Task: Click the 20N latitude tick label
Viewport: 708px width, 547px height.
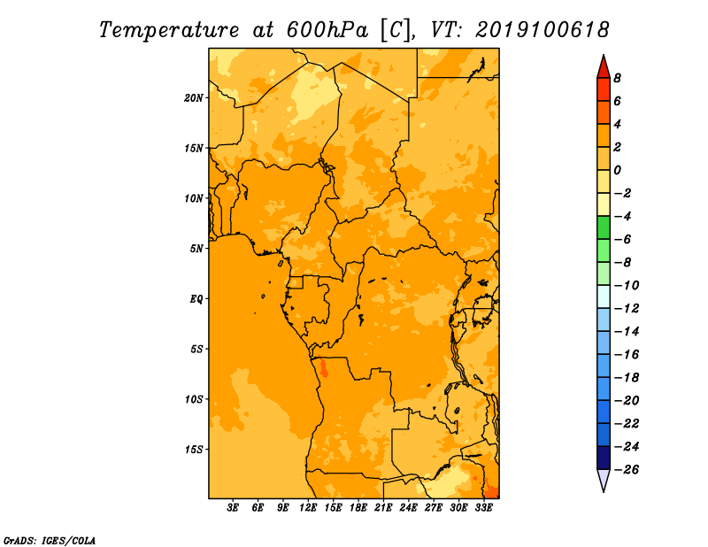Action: (x=193, y=98)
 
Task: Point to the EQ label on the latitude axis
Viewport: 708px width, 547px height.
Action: (x=196, y=299)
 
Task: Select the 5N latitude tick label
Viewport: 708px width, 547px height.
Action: (x=196, y=249)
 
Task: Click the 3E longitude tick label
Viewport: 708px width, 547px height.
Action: (x=233, y=507)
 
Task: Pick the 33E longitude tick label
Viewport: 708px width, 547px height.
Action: (x=483, y=507)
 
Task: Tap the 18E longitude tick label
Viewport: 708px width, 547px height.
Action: (x=358, y=507)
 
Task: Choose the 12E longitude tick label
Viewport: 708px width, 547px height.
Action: (x=308, y=507)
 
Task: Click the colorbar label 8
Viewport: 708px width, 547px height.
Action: (x=617, y=78)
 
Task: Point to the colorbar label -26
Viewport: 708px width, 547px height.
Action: (x=627, y=470)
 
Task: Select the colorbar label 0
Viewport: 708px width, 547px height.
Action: (x=617, y=170)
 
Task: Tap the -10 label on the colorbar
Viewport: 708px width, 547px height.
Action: (x=627, y=286)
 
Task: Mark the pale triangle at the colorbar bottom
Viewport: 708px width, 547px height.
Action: (x=604, y=478)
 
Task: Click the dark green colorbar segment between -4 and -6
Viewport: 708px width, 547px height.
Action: (x=604, y=227)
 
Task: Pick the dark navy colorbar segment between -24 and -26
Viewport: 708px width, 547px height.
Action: (x=604, y=458)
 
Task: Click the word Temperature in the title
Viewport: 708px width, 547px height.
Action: (x=169, y=30)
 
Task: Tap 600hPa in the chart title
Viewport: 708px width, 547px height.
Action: (x=327, y=30)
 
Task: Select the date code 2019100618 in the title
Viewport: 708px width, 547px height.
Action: (x=543, y=30)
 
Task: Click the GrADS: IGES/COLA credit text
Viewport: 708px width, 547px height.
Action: (x=50, y=540)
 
